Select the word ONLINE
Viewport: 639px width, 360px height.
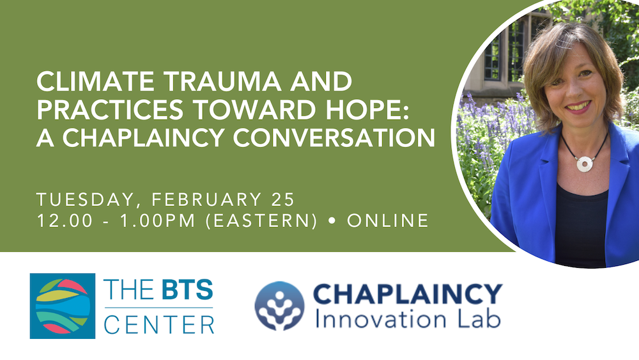coord(387,221)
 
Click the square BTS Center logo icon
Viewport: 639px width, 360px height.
coord(63,306)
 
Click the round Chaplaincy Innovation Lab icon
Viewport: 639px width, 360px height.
coord(279,306)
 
